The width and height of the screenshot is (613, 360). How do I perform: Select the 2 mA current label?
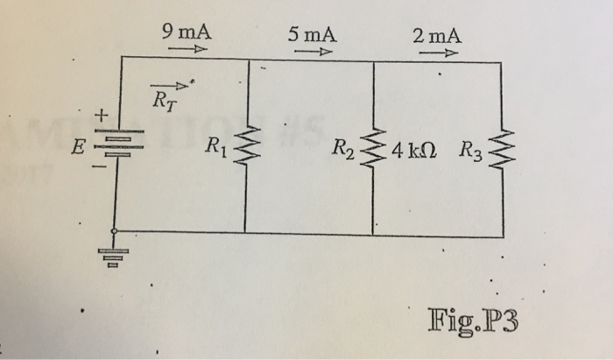(x=436, y=36)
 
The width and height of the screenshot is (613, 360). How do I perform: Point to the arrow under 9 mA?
(x=187, y=50)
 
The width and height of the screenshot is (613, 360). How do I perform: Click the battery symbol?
(x=117, y=145)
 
